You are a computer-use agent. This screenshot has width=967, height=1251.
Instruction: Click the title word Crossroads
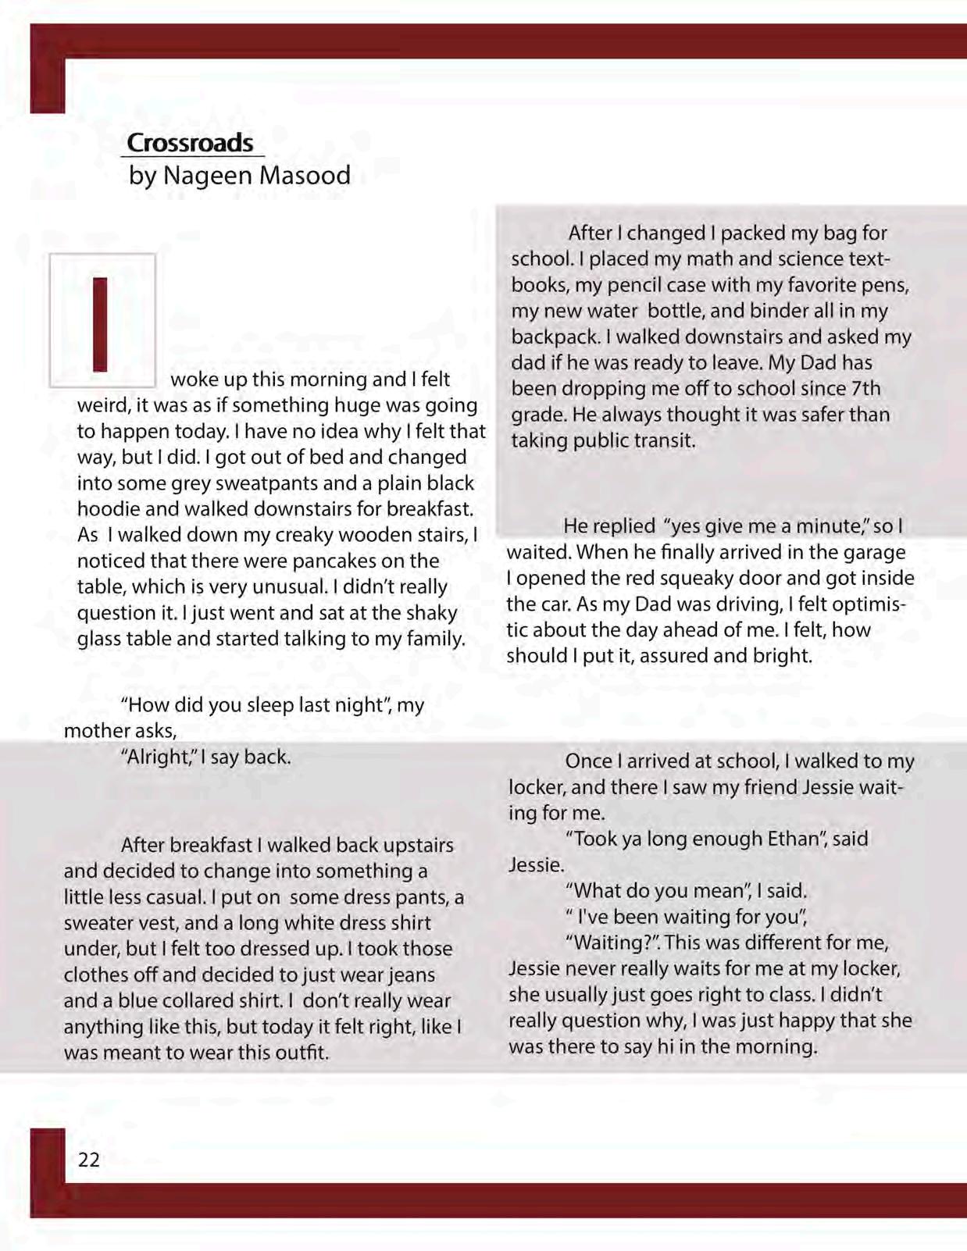coord(190,143)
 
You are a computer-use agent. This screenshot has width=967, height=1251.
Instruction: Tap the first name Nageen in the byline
coord(207,175)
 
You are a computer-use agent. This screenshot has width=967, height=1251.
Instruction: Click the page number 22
coord(89,1160)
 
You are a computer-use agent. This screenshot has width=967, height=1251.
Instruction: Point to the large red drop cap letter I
coord(100,323)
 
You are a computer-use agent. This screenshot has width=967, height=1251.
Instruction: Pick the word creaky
coord(322,535)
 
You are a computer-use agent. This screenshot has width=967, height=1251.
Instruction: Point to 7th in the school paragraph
coord(866,388)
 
